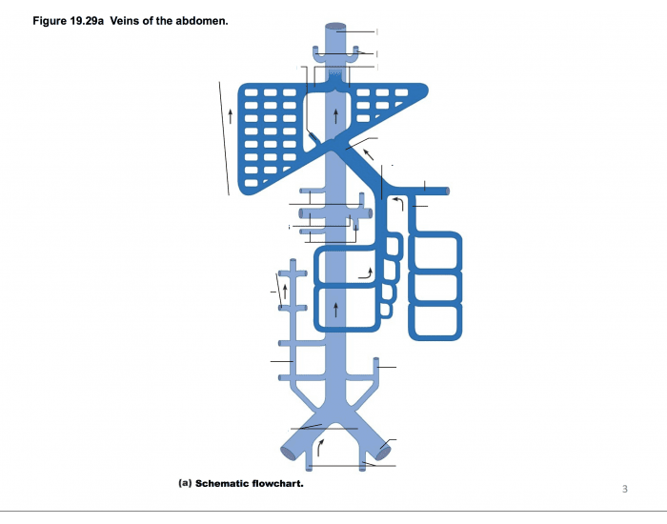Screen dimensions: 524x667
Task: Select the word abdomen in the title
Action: (199, 20)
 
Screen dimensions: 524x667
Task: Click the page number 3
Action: (625, 489)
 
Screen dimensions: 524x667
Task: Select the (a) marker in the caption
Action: (186, 483)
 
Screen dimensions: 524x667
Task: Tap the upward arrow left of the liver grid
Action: (231, 117)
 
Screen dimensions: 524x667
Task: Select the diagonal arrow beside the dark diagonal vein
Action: (368, 152)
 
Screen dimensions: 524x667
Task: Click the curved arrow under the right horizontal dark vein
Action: (399, 202)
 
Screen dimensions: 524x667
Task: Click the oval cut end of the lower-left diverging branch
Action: (287, 451)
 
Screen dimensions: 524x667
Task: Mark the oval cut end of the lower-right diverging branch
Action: (384, 447)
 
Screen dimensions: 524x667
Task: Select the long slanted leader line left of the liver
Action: (225, 138)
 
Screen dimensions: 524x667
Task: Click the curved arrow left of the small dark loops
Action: (366, 274)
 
